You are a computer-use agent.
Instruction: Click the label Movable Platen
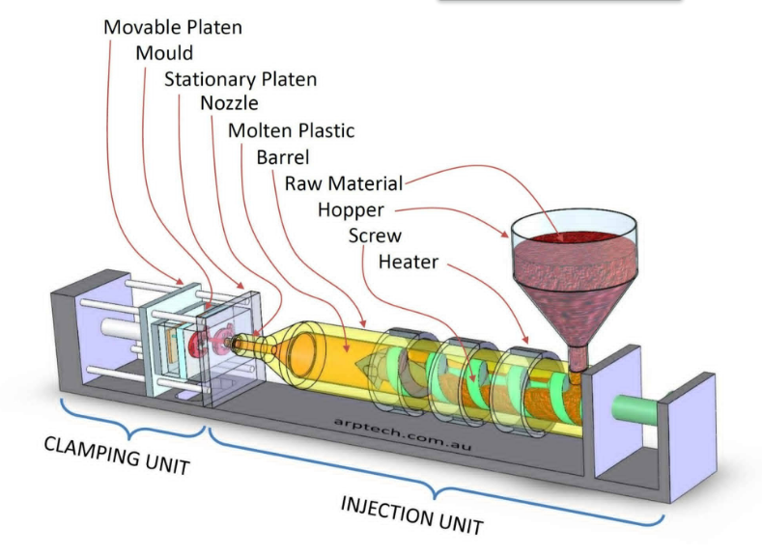coord(173,27)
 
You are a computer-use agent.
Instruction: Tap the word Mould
coord(164,53)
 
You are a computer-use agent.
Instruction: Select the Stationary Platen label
coord(240,79)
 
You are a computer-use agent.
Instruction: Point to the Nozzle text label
coord(229,103)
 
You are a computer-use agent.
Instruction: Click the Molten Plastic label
coord(291,130)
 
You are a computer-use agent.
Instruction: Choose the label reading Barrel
coord(282,157)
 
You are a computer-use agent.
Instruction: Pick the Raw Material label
coord(344,183)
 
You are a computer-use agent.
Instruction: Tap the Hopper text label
coord(351,210)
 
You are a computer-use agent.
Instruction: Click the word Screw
coord(375,236)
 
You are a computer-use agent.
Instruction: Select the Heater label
coord(409,263)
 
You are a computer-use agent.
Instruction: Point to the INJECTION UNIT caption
coord(412,515)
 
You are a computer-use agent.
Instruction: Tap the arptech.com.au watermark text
coord(403,434)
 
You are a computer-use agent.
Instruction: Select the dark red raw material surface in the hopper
coord(574,238)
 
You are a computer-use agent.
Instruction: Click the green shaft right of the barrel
coord(635,410)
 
